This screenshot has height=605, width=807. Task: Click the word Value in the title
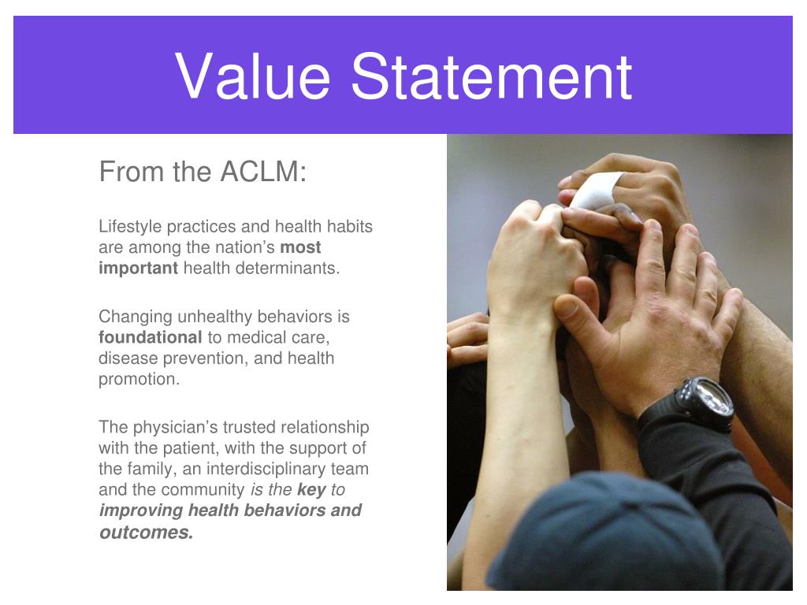coord(253,76)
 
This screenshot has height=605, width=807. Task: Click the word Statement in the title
coord(492,76)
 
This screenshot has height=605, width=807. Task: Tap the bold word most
coord(300,247)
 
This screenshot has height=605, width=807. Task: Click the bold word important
coord(138,268)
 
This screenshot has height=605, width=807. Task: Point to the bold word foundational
coord(150,337)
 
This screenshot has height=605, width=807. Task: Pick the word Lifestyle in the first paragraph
coord(129,227)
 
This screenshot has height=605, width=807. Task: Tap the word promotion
coord(139,379)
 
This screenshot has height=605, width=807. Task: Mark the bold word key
coord(311,489)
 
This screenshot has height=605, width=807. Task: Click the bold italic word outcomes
coord(146,532)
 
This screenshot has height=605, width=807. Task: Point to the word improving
coord(140,510)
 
